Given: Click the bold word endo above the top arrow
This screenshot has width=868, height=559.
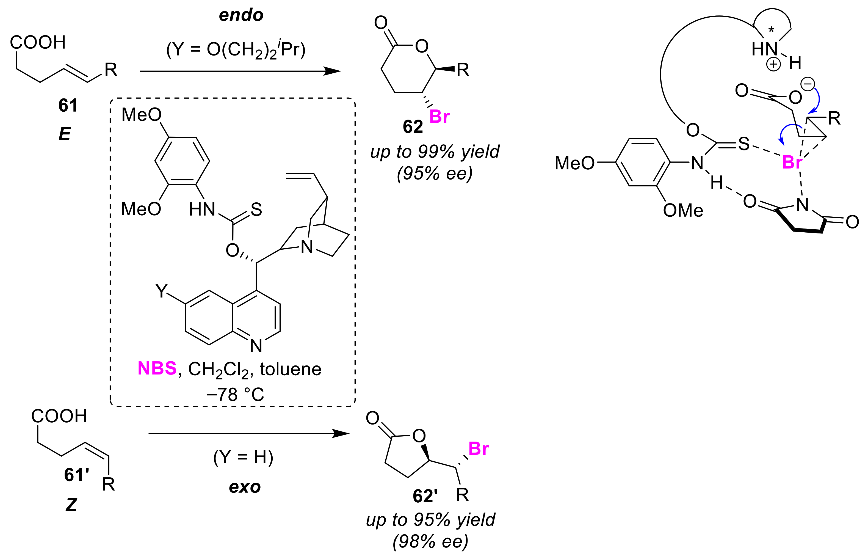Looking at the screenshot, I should click(241, 15).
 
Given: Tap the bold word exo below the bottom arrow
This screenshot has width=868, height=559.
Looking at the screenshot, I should click(245, 487).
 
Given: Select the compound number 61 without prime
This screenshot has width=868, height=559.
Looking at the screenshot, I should click(68, 105).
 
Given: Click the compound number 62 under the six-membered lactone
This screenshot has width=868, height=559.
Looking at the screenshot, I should click(413, 127).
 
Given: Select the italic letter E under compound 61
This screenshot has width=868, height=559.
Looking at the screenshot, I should click(65, 134).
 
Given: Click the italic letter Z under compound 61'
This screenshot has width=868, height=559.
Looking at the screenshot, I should click(71, 505).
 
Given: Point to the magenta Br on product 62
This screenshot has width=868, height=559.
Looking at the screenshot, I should click(439, 117).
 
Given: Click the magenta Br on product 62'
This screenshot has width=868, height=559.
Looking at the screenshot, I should click(478, 449).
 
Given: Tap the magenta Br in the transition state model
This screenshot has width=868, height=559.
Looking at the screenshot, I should click(792, 162).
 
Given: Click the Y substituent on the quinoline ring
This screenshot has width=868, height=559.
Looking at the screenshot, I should click(162, 291).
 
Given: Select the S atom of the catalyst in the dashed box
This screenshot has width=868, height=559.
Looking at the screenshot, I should click(256, 210).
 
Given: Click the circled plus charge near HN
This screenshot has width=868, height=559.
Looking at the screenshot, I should click(773, 65).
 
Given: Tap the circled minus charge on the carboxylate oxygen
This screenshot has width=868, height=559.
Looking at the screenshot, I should click(808, 85).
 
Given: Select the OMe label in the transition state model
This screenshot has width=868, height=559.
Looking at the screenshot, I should click(683, 211).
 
